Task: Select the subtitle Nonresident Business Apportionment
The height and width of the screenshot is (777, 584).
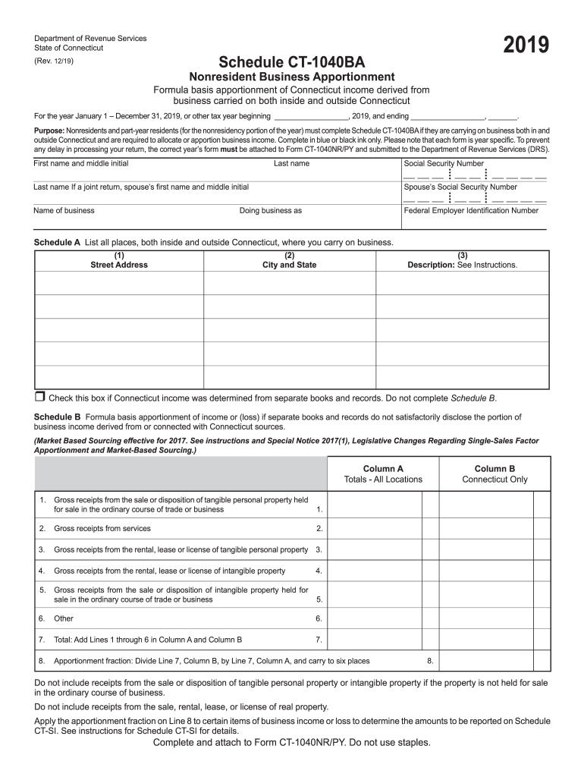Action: (292, 77)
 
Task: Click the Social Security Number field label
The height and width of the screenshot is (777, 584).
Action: (444, 163)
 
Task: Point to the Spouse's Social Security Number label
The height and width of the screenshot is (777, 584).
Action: (460, 187)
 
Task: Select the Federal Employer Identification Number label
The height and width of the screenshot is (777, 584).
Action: (471, 210)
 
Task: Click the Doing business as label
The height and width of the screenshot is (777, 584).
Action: (270, 210)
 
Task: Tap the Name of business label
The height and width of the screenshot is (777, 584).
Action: (64, 210)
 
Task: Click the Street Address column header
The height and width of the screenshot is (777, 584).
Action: (119, 265)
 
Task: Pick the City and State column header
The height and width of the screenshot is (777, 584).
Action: (289, 265)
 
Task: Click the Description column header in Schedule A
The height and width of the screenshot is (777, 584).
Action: (462, 265)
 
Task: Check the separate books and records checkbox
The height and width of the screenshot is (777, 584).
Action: (40, 397)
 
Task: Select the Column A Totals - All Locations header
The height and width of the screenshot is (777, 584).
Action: (383, 474)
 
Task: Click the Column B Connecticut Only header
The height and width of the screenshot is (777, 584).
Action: (495, 474)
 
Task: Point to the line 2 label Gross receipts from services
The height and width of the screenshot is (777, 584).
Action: (102, 528)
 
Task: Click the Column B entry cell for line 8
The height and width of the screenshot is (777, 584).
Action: (485, 660)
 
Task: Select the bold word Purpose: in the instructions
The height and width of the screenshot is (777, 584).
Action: (49, 131)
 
